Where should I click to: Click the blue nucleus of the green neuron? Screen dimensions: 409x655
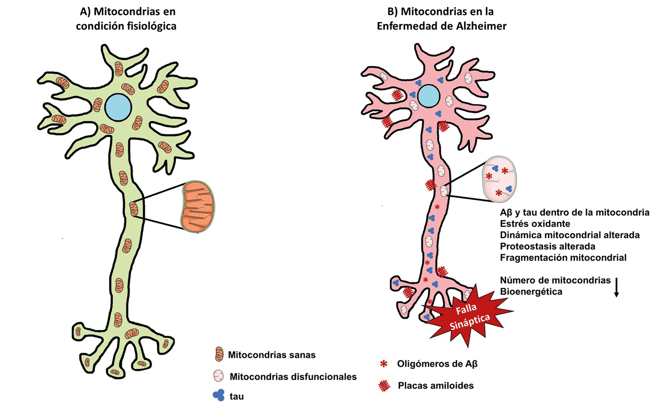pos(118,107)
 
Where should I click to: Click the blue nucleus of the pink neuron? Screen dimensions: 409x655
pos(428,96)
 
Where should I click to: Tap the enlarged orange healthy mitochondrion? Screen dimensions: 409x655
pos(198,207)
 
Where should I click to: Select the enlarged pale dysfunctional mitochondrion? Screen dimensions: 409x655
pos(499,179)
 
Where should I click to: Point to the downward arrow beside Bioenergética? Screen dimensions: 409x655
pos(616,287)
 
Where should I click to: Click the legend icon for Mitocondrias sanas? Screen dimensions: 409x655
pos(219,354)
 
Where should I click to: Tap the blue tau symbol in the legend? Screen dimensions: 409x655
pos(219,395)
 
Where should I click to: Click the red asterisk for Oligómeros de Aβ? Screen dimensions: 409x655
pos(383,364)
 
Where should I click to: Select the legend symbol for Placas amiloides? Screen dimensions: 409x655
pos(384,386)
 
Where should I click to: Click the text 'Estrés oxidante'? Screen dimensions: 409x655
pos(535,224)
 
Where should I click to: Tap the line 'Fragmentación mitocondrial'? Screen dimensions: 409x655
pos(563,258)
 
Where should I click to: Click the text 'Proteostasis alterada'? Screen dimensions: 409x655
pos(547,246)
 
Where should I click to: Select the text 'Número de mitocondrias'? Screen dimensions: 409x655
pos(555,280)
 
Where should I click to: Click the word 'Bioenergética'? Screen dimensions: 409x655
pos(531,292)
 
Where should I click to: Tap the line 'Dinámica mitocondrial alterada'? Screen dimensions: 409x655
pos(569,235)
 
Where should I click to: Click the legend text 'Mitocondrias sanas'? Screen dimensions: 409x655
pos(272,355)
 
